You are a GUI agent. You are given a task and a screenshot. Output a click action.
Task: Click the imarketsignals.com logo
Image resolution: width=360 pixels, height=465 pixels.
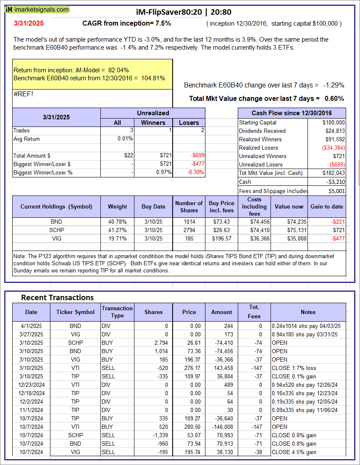[x=37, y=9]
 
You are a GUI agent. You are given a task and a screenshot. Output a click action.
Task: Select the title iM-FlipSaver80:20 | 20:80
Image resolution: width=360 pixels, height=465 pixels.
[x=184, y=12]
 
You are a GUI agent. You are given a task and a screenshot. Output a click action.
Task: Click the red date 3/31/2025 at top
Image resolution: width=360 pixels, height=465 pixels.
[x=28, y=24]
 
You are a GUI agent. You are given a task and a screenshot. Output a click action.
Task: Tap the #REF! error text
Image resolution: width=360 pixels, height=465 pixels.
[x=23, y=94]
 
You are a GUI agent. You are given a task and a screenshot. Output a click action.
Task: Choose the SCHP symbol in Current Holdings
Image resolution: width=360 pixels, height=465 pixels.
[x=56, y=230]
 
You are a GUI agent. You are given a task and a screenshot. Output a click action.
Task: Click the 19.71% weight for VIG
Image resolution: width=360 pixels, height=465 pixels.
[x=118, y=238]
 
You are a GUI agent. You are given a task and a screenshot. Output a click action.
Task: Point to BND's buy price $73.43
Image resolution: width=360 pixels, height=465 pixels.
[x=221, y=222]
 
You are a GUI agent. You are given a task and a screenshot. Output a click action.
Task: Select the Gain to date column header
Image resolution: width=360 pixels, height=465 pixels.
[x=326, y=206]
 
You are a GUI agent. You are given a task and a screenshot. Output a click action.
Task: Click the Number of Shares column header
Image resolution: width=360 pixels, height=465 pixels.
[x=189, y=206]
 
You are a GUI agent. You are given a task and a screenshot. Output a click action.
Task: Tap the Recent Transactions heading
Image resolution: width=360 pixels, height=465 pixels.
[x=58, y=298]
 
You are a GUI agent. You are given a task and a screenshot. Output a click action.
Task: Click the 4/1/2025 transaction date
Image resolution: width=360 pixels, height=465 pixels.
[x=31, y=326]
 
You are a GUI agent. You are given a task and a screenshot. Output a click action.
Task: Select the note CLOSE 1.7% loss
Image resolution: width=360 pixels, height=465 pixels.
[x=294, y=368]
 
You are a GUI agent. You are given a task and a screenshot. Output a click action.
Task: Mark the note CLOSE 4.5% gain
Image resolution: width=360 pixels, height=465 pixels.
[x=294, y=452]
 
